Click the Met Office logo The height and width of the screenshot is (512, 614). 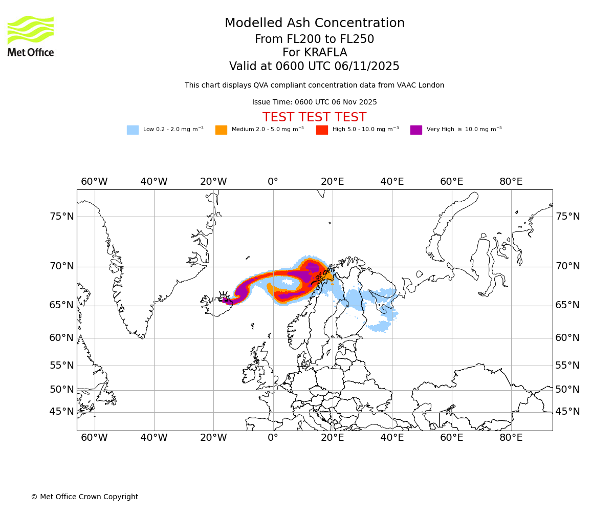pyautogui.click(x=31, y=36)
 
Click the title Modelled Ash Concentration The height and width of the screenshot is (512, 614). pyautogui.click(x=315, y=24)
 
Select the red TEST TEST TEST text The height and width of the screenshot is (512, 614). pyautogui.click(x=314, y=118)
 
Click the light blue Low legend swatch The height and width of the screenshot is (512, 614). pyautogui.click(x=133, y=130)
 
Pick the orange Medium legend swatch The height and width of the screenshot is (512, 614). pyautogui.click(x=221, y=130)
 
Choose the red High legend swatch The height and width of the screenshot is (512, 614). pyautogui.click(x=322, y=130)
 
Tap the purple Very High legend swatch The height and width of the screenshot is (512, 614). pyautogui.click(x=416, y=130)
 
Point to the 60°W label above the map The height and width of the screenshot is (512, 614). pyautogui.click(x=94, y=182)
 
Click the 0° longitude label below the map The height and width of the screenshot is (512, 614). pyautogui.click(x=273, y=438)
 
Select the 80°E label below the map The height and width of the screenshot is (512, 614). pyautogui.click(x=511, y=438)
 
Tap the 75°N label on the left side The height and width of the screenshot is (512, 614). pyautogui.click(x=61, y=217)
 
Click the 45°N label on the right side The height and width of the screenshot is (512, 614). pyautogui.click(x=568, y=412)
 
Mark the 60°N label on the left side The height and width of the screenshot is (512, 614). pyautogui.click(x=61, y=338)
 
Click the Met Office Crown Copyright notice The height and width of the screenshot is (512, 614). pyautogui.click(x=84, y=497)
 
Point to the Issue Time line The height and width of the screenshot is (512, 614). pyautogui.click(x=314, y=102)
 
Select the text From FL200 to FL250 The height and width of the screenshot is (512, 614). pyautogui.click(x=314, y=39)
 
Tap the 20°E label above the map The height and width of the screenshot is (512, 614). pyautogui.click(x=333, y=182)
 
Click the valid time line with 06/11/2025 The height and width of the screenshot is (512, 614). pyautogui.click(x=314, y=67)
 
